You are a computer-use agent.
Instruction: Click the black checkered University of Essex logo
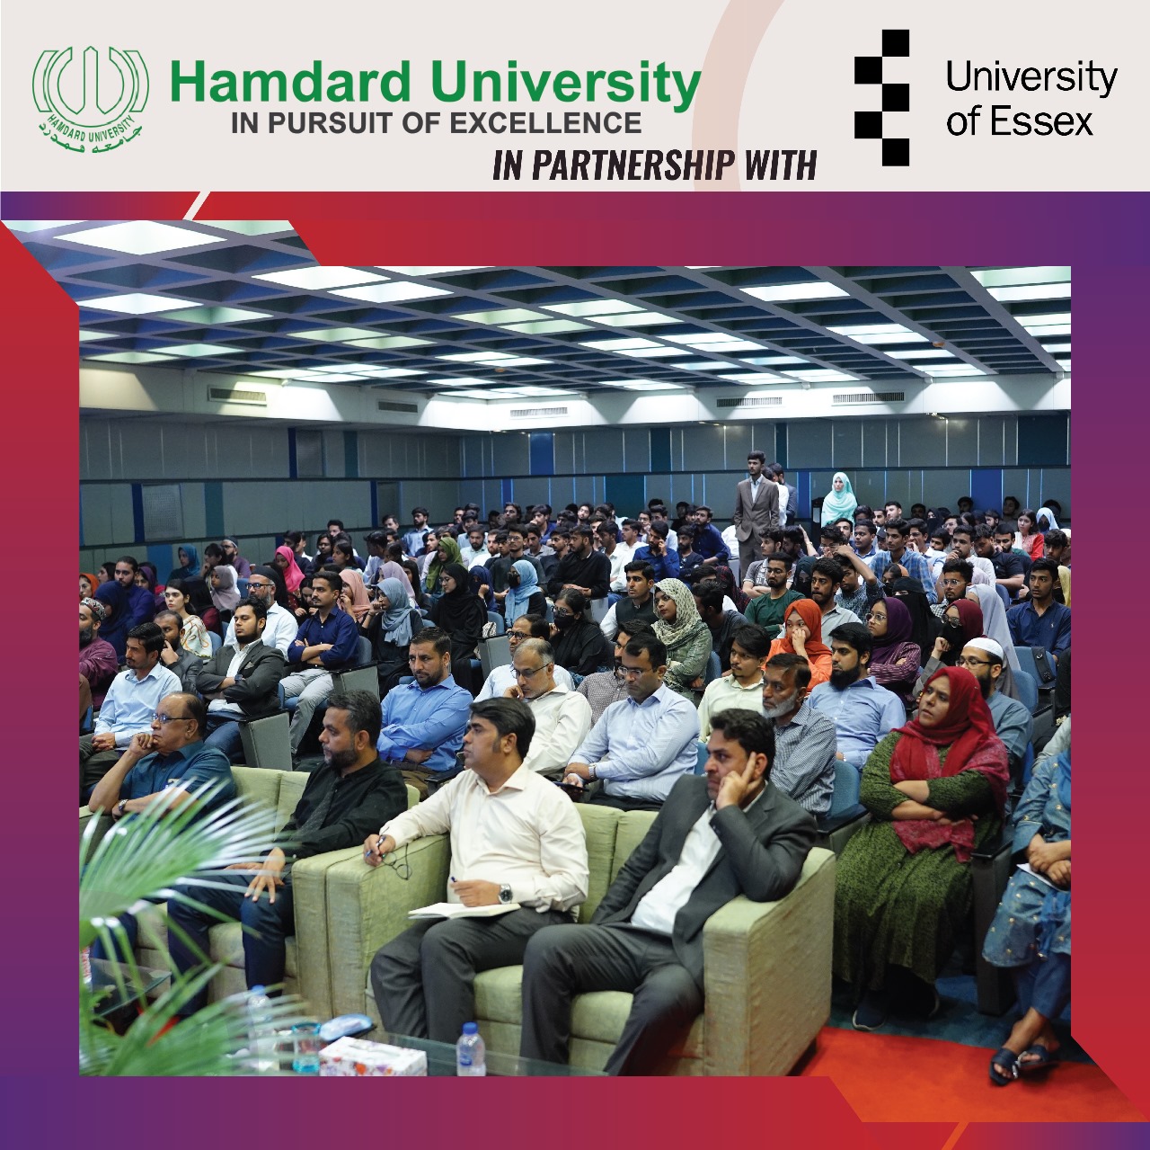pos(882,99)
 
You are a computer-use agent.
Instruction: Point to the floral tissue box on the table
pos(372,1056)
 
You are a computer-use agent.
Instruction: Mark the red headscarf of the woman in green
pos(949,741)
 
